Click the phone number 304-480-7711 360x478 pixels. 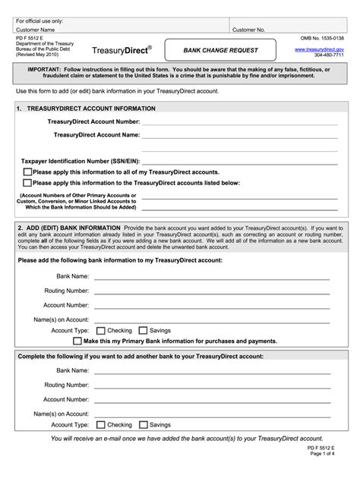pyautogui.click(x=329, y=55)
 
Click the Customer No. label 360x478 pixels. pyautogui.click(x=248, y=30)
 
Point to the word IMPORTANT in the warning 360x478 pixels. pyautogui.click(x=48, y=69)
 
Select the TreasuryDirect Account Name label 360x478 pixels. pyautogui.click(x=96, y=135)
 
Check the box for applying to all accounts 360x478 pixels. pyautogui.click(x=27, y=173)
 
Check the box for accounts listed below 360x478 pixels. pyautogui.click(x=27, y=183)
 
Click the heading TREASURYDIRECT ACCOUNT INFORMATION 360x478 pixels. pyautogui.click(x=91, y=108)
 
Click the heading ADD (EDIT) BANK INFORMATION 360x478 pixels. pyautogui.click(x=73, y=228)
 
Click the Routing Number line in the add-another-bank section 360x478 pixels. pyautogui.click(x=212, y=386)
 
